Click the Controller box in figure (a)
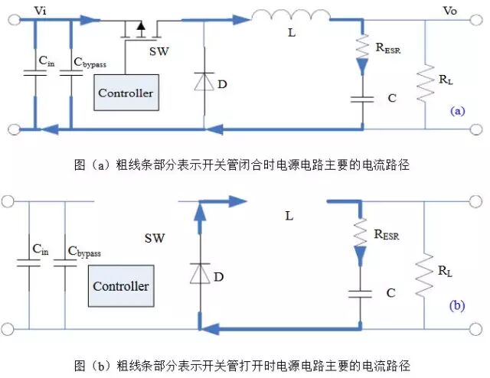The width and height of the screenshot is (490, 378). click(126, 93)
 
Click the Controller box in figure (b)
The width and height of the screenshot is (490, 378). click(120, 286)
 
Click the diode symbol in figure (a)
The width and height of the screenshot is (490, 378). click(204, 81)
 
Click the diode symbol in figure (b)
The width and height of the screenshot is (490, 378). click(199, 272)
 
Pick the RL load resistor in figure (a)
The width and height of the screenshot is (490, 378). click(425, 81)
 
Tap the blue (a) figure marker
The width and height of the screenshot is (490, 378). click(457, 110)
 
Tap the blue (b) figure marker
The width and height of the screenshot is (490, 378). click(457, 305)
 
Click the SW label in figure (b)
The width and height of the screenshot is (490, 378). click(155, 239)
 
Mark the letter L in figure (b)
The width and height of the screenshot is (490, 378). click(289, 216)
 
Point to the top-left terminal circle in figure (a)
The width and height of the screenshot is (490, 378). click(8, 21)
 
